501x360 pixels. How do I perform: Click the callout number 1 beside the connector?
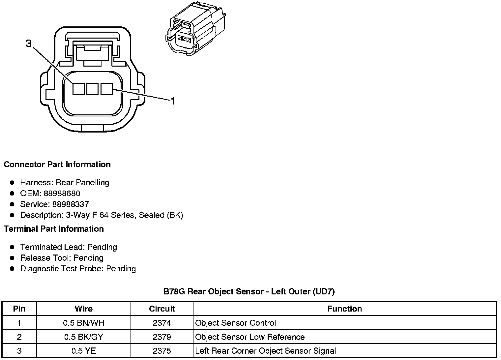click(x=173, y=101)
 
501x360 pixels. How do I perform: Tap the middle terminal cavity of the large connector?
click(x=93, y=89)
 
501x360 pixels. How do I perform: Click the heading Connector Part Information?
click(x=57, y=165)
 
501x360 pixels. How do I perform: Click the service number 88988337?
click(x=71, y=204)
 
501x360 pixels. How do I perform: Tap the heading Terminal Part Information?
click(x=54, y=229)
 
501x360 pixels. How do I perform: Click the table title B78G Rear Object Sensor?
click(x=249, y=291)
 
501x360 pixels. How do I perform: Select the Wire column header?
click(x=83, y=309)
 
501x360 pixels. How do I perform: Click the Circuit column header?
click(x=162, y=309)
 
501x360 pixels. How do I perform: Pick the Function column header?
click(x=344, y=309)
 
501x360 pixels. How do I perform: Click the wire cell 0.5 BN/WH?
click(x=83, y=323)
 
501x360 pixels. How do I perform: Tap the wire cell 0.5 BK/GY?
click(x=83, y=337)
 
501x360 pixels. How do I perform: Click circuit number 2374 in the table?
click(x=162, y=323)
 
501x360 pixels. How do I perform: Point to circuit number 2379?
click(x=162, y=337)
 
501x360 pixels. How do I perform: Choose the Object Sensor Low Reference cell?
click(x=250, y=337)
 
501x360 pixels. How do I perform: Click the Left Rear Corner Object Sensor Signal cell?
click(x=265, y=351)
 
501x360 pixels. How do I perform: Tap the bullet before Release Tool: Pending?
click(x=12, y=258)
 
